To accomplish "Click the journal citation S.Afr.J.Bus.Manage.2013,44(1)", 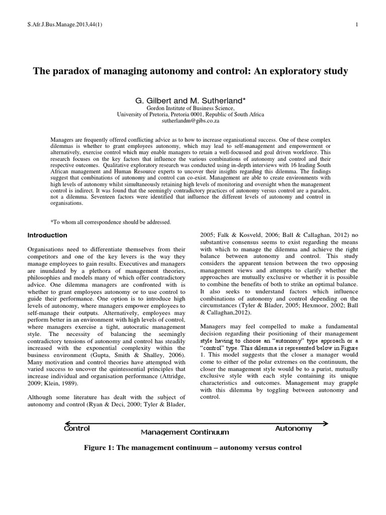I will tap(59, 25).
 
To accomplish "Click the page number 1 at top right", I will tap(356, 25).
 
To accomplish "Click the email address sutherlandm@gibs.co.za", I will tap(190, 121).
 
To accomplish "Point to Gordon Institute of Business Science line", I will tap(190, 108).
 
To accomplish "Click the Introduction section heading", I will tap(47, 235).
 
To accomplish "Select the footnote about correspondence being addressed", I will tap(111, 222).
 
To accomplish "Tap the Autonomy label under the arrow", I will tap(294, 428).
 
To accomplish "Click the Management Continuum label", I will tap(184, 432).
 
